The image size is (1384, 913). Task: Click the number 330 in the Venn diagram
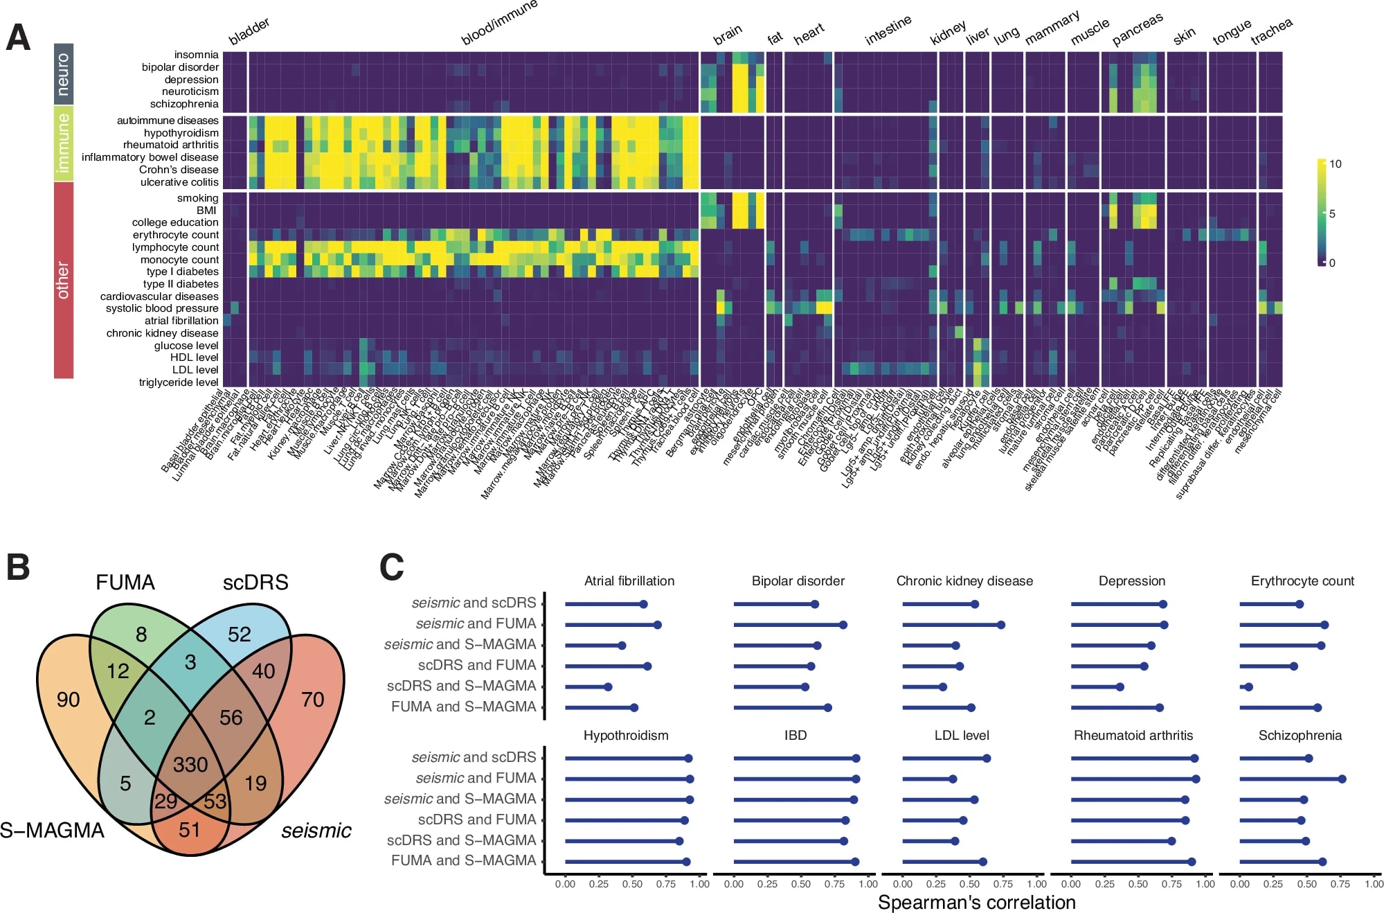[190, 765]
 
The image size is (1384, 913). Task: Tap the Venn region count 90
[68, 700]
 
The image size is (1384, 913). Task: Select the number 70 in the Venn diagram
[312, 700]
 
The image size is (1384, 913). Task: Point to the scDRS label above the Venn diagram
[255, 583]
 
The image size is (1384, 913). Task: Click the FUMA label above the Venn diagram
[125, 583]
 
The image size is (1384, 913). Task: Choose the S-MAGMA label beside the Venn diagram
[53, 830]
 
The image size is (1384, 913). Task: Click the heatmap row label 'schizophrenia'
[184, 104]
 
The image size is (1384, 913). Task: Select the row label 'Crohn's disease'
[179, 170]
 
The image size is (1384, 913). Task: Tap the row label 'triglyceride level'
[179, 382]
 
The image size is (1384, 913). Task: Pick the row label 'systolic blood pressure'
[162, 308]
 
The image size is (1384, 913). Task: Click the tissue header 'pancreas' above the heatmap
[1137, 30]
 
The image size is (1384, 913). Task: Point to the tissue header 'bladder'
[249, 32]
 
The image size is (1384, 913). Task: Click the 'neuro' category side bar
[64, 74]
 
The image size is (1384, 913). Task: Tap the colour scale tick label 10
[1335, 164]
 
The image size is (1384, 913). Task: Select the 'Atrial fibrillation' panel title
[629, 581]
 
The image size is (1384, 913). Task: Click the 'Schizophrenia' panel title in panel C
[1300, 736]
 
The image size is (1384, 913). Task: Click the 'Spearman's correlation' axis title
[976, 902]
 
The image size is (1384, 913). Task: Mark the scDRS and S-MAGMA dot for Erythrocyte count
[1248, 687]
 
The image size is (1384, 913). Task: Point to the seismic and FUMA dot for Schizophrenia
[1342, 779]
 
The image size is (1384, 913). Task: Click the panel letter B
[18, 567]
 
